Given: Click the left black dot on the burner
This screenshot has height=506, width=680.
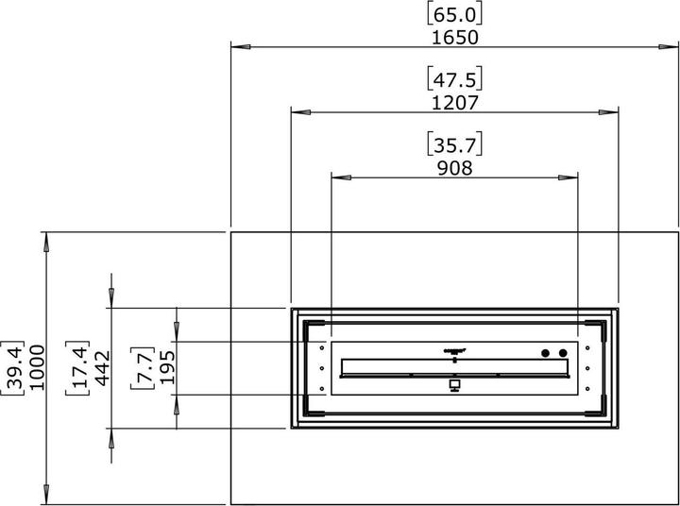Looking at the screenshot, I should click(546, 353).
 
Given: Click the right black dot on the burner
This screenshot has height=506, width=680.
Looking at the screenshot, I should click(563, 353).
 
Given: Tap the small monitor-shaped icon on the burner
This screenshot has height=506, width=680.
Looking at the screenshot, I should click(454, 384).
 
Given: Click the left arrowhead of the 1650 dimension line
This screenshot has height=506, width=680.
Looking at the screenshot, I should click(238, 44).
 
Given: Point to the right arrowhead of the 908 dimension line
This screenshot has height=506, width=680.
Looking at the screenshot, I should click(572, 176).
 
